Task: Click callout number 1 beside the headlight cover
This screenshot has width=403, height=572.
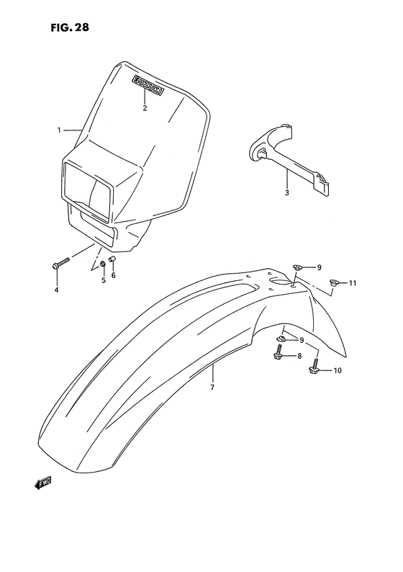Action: pos(59,130)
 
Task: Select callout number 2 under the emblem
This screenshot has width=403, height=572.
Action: pos(145,108)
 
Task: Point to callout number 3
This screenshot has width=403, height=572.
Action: pos(286,192)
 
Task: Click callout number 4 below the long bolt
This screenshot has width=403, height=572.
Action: pos(56,290)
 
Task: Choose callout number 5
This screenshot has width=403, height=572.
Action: pos(103,280)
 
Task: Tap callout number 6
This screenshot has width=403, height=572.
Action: pos(113,275)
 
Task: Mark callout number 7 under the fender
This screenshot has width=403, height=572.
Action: pos(212,388)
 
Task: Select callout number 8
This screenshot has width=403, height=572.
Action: pos(300,356)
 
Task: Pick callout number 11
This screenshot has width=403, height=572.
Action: pos(353,284)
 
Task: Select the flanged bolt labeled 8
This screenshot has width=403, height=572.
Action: pos(277,354)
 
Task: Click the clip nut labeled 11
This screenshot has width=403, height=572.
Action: pos(335,282)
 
